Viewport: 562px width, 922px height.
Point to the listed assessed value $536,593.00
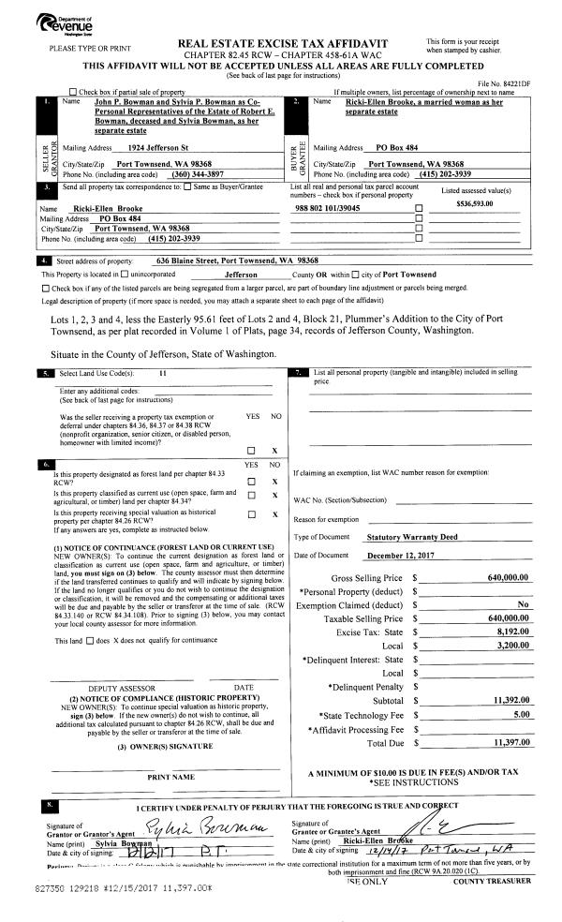(x=475, y=203)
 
